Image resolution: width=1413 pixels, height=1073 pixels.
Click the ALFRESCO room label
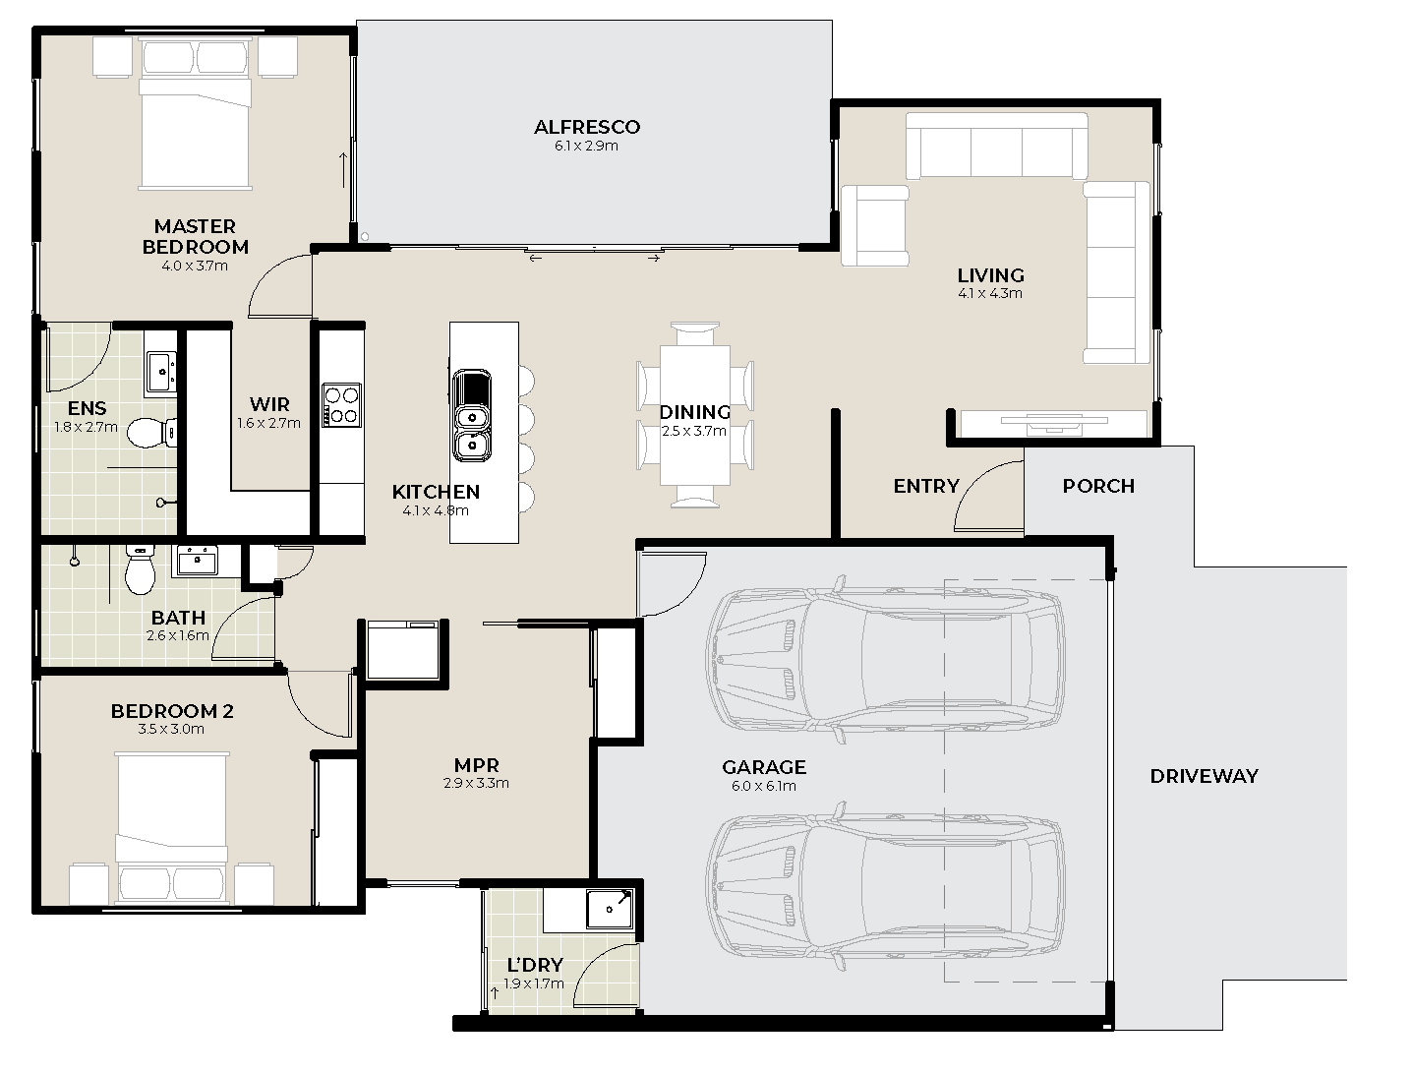586,127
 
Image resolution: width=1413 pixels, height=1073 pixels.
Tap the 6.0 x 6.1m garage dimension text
763,786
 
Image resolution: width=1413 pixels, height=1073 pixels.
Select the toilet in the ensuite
152,433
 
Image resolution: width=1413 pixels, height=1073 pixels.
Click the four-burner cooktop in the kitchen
342,405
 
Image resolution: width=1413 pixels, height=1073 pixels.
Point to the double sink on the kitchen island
472,415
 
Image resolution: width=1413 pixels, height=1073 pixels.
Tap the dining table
694,415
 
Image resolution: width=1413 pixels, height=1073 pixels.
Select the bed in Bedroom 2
172,828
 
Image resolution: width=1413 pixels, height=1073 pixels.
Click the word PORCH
1098,486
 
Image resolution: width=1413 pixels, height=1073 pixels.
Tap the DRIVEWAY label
1204,776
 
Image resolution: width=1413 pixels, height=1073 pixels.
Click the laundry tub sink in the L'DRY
610,908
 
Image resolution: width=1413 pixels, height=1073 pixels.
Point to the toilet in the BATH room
140,569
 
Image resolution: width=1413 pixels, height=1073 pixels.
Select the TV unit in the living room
1054,423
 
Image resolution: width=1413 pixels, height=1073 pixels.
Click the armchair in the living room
875,225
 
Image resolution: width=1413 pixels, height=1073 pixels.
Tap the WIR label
269,404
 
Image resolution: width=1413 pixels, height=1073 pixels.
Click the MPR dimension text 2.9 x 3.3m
476,783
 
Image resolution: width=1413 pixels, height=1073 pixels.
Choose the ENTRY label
926,486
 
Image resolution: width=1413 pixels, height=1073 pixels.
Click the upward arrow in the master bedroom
343,170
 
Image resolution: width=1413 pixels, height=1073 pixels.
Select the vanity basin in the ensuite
161,372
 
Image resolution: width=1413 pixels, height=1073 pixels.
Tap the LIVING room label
991,275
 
